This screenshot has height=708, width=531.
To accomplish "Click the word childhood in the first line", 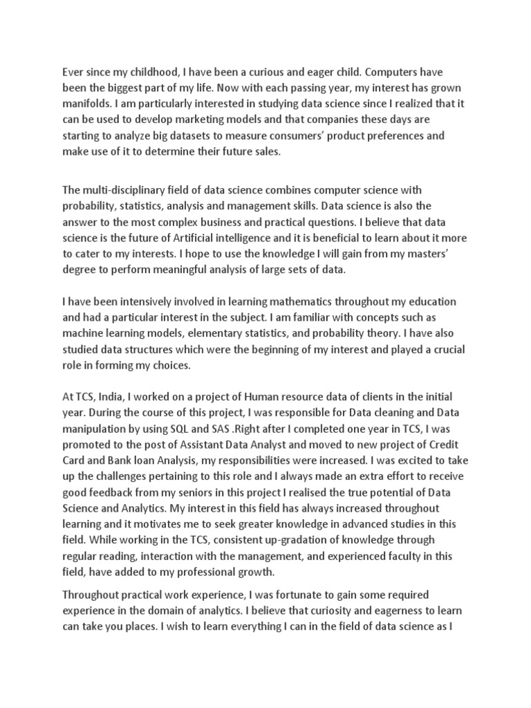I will point(151,71).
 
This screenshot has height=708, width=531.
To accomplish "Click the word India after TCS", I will point(106,395).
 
